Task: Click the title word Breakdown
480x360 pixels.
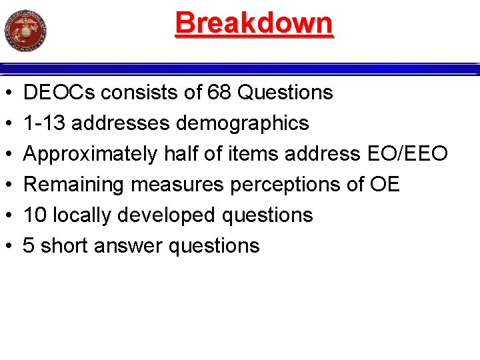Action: click(x=253, y=23)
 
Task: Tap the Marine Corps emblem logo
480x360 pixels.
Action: click(x=25, y=30)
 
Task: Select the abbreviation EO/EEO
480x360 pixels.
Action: click(x=407, y=154)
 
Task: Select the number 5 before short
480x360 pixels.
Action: click(x=29, y=246)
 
